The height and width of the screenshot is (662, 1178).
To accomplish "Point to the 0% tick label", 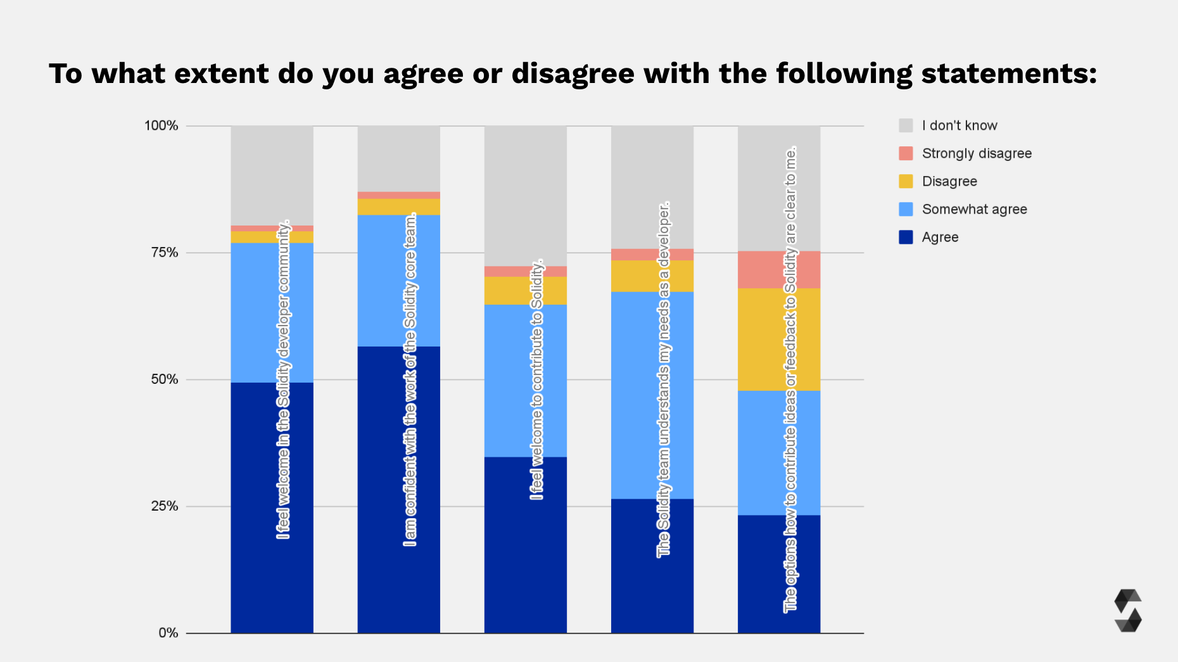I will point(168,633).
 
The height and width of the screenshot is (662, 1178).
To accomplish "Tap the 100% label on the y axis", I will point(161,125).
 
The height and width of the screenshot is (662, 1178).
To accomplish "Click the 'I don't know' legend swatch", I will point(906,125).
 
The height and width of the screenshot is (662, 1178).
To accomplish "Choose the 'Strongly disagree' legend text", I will point(977,153).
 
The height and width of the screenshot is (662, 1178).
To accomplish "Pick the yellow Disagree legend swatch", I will point(906,181).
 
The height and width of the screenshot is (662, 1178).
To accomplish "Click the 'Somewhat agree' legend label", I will point(974,209).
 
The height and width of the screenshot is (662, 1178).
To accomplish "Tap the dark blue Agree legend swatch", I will point(906,237).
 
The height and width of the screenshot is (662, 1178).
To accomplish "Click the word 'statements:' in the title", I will point(1009,73).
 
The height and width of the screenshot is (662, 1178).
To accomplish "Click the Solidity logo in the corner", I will point(1127,611).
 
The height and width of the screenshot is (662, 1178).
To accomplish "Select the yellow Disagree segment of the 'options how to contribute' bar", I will point(760,340).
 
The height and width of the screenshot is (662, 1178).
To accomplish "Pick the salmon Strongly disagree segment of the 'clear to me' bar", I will point(760,270).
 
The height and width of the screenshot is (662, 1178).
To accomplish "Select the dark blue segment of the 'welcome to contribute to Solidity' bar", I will point(507,545).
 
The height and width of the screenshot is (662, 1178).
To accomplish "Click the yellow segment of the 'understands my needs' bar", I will point(633,276).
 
